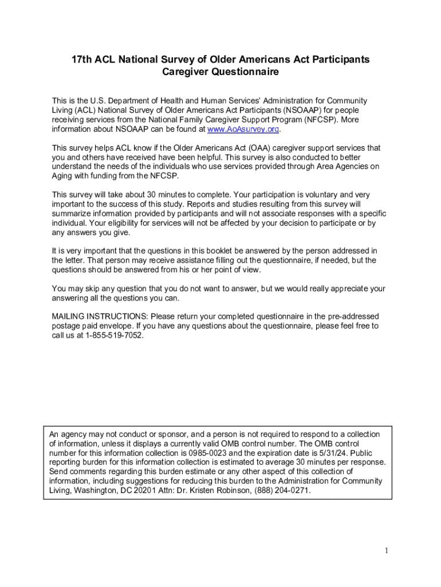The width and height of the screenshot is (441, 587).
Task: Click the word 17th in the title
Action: pos(81,60)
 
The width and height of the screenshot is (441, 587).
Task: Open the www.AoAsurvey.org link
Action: pos(243,130)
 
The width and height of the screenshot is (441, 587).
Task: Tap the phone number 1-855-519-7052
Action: pos(112,335)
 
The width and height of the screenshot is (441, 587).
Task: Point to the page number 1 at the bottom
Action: pos(387,551)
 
